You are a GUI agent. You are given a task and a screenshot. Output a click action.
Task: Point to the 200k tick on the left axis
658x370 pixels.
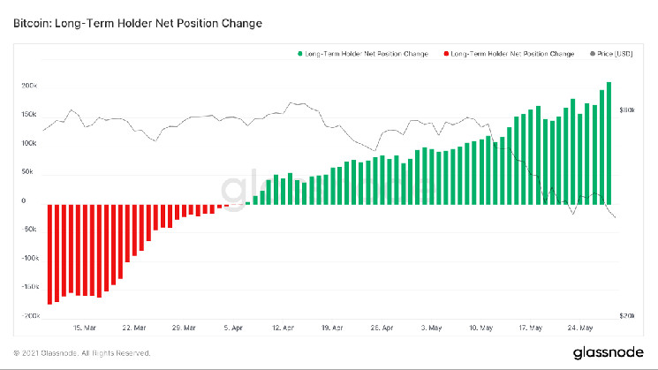click(x=28, y=86)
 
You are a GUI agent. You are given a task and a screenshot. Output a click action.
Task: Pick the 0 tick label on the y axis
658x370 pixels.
click(x=34, y=200)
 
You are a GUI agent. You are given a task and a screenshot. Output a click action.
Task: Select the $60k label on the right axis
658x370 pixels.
click(x=629, y=110)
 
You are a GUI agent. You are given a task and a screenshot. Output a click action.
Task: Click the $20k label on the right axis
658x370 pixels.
click(x=629, y=315)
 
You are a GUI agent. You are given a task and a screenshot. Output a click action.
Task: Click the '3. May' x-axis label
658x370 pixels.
click(x=434, y=327)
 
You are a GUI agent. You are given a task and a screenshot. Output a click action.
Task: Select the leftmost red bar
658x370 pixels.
click(x=50, y=253)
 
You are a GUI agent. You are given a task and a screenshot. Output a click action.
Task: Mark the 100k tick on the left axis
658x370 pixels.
click(x=28, y=143)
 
